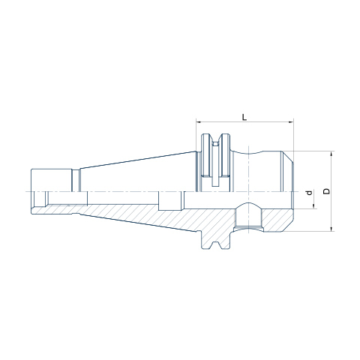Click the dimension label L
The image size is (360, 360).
tap(244, 117)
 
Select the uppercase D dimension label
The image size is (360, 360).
tap(326, 191)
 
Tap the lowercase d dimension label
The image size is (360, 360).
tap(310, 193)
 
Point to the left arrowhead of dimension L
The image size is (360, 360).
tap(199, 122)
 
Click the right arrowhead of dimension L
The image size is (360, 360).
tap(292, 122)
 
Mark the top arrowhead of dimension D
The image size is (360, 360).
tap(331, 154)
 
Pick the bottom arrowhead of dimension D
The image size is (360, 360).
tap(331, 229)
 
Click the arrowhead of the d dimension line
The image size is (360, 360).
tap(313, 206)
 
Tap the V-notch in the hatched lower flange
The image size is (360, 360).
tap(215, 245)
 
